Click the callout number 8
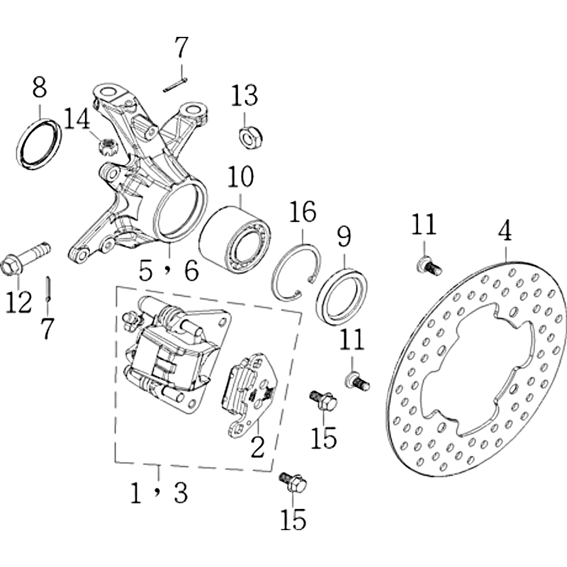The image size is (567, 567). click(40, 87)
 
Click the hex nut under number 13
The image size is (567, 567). click(252, 136)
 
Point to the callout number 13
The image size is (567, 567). click(245, 95)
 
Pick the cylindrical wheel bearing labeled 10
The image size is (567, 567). click(235, 235)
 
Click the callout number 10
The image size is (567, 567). click(241, 176)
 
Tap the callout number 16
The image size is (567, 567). click(303, 211)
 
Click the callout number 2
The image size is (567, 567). click(258, 447)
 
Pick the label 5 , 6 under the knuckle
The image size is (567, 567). click(169, 271)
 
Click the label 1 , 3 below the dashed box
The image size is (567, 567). click(159, 493)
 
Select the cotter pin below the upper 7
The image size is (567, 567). click(175, 84)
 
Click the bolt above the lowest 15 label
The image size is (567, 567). click(293, 482)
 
